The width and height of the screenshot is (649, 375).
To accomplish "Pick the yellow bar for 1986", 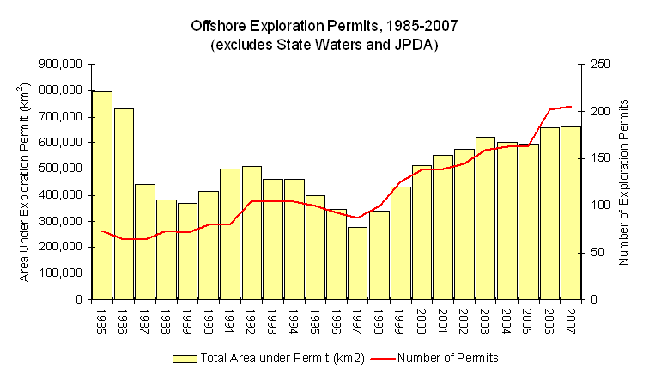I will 124,204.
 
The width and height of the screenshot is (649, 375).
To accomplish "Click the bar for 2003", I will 486,218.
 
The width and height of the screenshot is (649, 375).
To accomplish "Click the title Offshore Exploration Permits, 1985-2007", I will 324,25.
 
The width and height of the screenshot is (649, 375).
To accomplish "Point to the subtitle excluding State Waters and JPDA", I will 324,44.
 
